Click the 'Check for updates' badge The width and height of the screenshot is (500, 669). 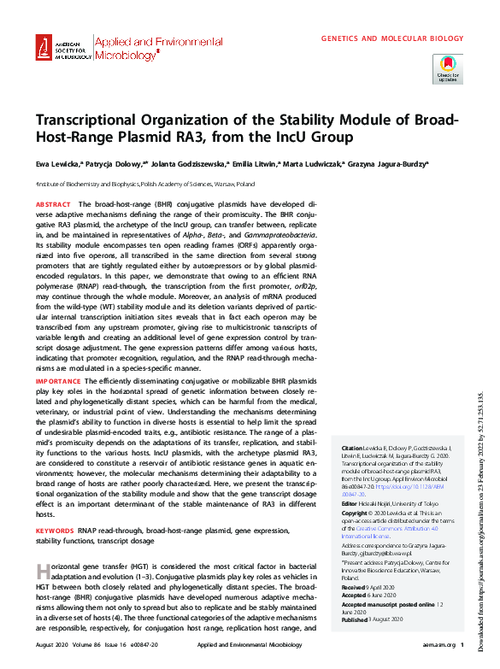click(x=448, y=67)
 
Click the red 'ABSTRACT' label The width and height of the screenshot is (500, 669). click(x=53, y=205)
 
